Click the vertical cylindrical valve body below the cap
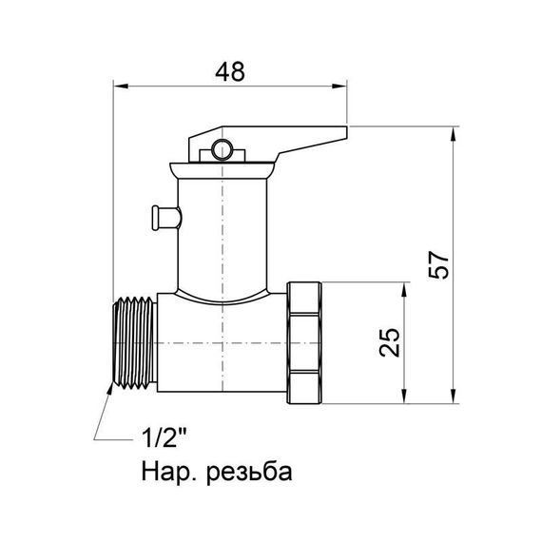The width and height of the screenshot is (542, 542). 223,238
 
